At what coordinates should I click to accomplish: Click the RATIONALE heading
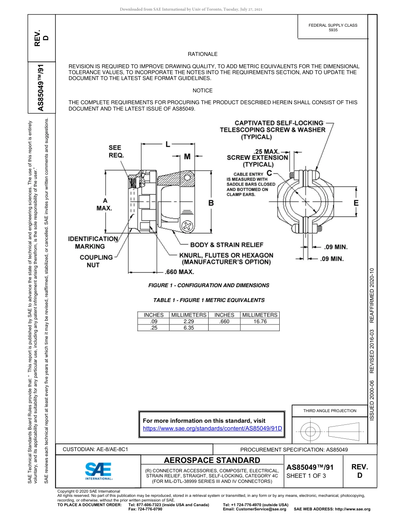[202, 54]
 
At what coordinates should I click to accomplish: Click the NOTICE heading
[202, 91]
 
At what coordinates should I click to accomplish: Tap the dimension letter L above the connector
[168, 144]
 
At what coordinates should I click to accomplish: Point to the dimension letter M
[187, 157]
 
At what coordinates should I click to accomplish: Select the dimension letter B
[211, 203]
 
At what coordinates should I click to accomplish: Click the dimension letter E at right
[356, 203]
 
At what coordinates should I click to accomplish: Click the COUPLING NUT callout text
[96, 261]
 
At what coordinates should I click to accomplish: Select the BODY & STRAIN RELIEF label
[227, 245]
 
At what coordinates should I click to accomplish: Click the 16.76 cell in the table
[260, 321]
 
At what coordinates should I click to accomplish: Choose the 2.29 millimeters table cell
[189, 321]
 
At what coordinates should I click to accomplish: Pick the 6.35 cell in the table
[189, 328]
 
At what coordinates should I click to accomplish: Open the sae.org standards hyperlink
[212, 428]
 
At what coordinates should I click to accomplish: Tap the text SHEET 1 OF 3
[306, 476]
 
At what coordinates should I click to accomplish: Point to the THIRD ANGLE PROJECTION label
[330, 410]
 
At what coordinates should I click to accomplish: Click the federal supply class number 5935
[333, 30]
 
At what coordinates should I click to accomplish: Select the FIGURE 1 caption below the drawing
[209, 285]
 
